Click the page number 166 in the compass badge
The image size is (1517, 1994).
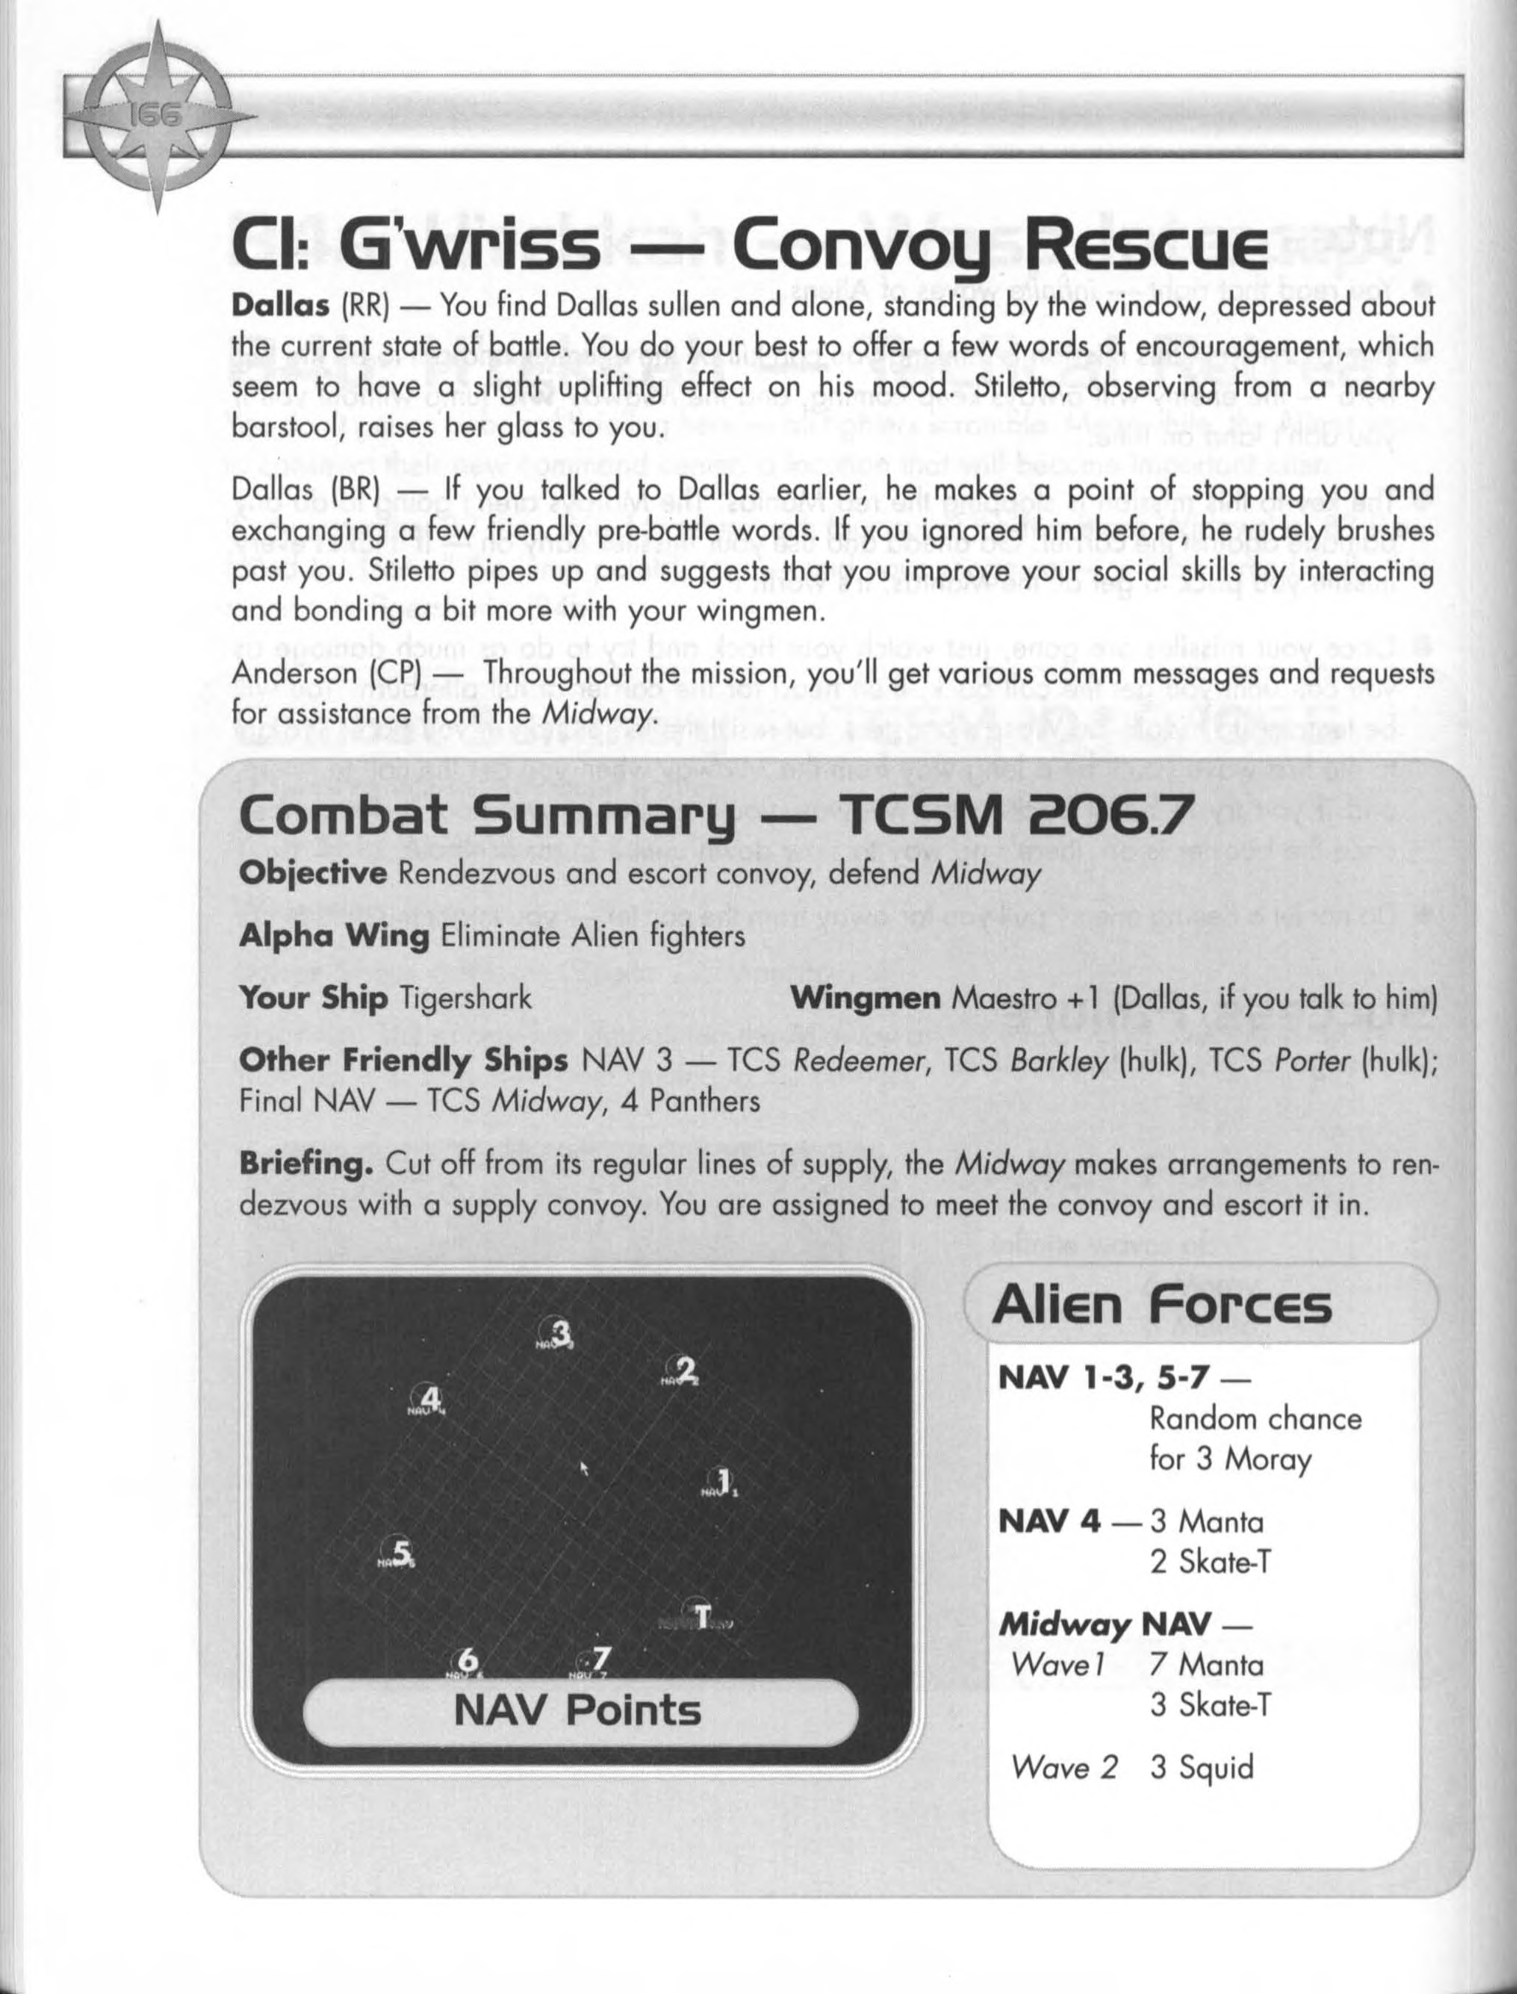[x=159, y=116]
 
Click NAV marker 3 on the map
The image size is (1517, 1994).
[x=560, y=1332]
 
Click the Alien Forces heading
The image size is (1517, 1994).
[x=1161, y=1305]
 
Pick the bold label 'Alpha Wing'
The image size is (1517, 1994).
[x=333, y=937]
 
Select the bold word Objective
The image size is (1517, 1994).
[x=313, y=874]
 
